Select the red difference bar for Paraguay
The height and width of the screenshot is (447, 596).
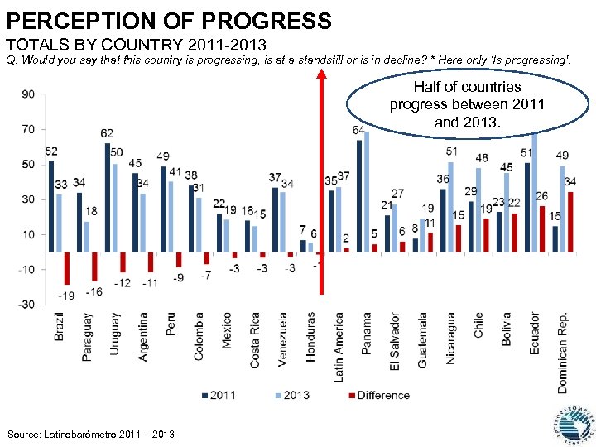[95, 266]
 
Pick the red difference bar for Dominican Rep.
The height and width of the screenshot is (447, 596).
[570, 222]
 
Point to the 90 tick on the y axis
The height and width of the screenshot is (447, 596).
[27, 94]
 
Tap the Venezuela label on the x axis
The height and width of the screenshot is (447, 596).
[282, 338]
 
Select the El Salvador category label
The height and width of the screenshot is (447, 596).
[395, 342]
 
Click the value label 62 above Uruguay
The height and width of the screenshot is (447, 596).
[108, 133]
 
